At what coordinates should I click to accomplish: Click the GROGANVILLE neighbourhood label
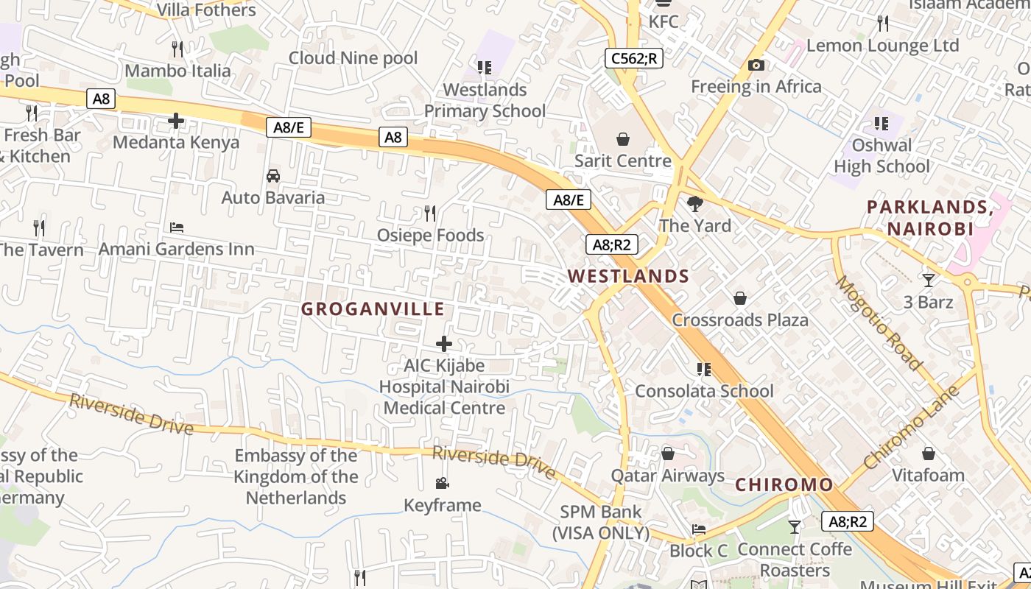coord(372,309)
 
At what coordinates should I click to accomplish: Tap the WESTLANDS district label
coord(628,277)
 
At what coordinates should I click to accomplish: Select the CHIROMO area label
coord(784,485)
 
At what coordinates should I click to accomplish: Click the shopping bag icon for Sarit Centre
coord(623,139)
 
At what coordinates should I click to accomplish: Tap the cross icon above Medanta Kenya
coord(176,121)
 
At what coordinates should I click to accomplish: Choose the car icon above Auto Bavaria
coord(273,176)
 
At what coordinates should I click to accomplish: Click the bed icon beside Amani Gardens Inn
coord(177,228)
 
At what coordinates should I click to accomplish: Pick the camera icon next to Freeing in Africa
coord(756,66)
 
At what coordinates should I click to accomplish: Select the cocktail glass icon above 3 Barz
coord(929,280)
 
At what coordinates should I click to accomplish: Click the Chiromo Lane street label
coord(912,428)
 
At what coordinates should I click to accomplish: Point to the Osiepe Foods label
coord(430,236)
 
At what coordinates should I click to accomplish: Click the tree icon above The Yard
coord(694,204)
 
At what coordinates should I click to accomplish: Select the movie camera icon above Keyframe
coord(442,484)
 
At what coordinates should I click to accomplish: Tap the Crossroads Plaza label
coord(739,320)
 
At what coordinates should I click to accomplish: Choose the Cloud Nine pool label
coord(353,58)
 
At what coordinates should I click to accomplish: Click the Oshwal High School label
coord(882,156)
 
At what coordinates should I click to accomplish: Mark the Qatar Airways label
coord(667,476)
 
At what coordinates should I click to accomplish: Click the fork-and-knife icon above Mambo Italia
coord(177,49)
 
